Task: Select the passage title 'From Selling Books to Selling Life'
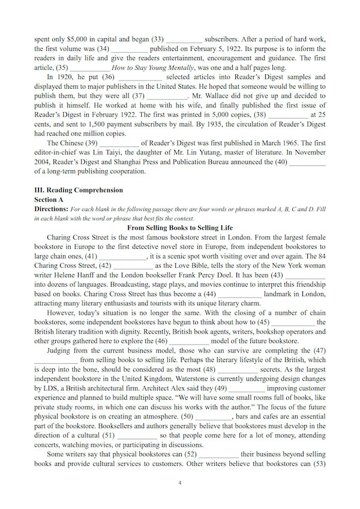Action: (x=180, y=228)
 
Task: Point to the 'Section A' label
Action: (x=49, y=199)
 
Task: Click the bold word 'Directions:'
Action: (x=51, y=209)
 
